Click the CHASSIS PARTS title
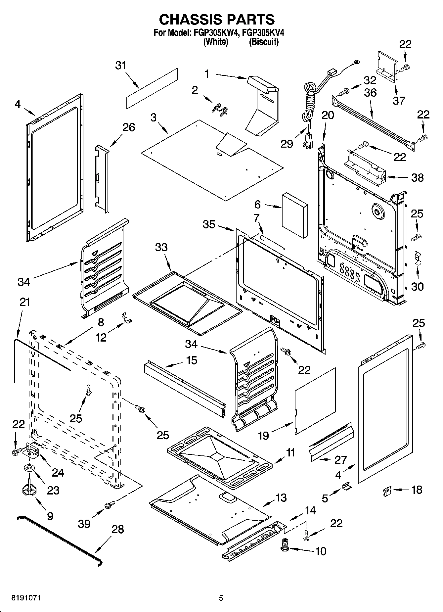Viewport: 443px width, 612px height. [217, 20]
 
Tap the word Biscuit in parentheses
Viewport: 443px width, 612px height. [263, 42]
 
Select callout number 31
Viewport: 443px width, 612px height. [121, 66]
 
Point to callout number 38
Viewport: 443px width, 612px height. [417, 178]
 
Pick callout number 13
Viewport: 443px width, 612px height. [281, 497]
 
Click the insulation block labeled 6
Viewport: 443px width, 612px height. [295, 215]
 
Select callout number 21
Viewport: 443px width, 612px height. [24, 302]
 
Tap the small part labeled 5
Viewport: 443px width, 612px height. [346, 486]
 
